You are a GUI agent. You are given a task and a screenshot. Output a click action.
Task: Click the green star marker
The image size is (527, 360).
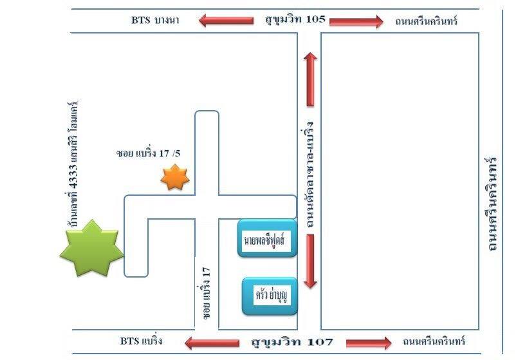tap(91, 249)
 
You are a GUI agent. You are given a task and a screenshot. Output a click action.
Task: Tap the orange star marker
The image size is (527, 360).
tap(174, 178)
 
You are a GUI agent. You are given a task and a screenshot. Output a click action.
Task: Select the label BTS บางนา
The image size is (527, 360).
tap(155, 21)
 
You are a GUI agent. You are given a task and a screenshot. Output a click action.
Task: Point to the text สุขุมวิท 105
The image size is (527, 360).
tap(295, 19)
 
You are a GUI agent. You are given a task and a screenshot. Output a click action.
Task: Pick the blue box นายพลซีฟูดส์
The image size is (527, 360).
tap(267, 239)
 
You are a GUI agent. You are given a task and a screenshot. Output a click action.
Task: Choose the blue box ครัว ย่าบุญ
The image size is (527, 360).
tap(270, 296)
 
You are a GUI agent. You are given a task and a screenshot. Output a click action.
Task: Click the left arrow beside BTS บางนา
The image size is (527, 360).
tap(225, 21)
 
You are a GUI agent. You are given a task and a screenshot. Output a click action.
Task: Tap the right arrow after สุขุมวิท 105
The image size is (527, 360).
tap(356, 21)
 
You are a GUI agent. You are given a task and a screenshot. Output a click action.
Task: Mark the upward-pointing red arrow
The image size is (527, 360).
tap(311, 78)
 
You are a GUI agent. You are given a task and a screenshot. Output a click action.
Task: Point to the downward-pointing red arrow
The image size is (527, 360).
tap(310, 261)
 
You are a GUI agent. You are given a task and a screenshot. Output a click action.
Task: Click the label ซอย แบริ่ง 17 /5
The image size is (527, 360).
tap(149, 153)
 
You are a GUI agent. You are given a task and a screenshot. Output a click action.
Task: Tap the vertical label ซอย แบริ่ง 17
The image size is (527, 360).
tap(207, 297)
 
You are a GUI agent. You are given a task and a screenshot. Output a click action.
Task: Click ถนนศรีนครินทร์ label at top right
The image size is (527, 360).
tap(426, 21)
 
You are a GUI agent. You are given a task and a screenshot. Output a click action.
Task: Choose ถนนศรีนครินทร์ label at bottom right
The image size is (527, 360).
tap(432, 341)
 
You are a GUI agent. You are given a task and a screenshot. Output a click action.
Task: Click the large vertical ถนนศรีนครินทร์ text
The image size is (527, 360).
tap(494, 203)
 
